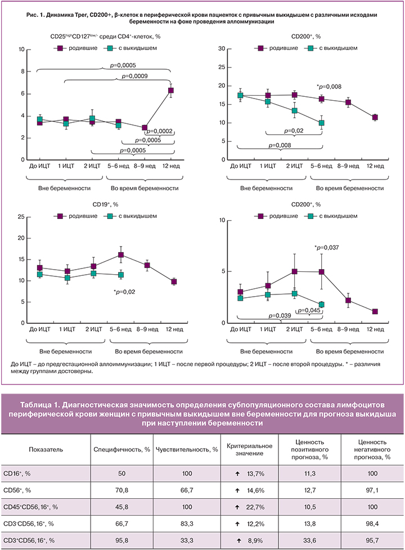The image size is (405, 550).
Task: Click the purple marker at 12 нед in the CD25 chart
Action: [170, 90]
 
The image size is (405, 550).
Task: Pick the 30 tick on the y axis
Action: [222, 49]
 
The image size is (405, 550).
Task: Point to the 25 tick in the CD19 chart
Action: [20, 217]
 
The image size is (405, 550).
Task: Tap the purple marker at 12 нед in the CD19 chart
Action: [174, 281]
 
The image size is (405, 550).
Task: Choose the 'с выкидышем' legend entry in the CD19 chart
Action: [129, 216]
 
